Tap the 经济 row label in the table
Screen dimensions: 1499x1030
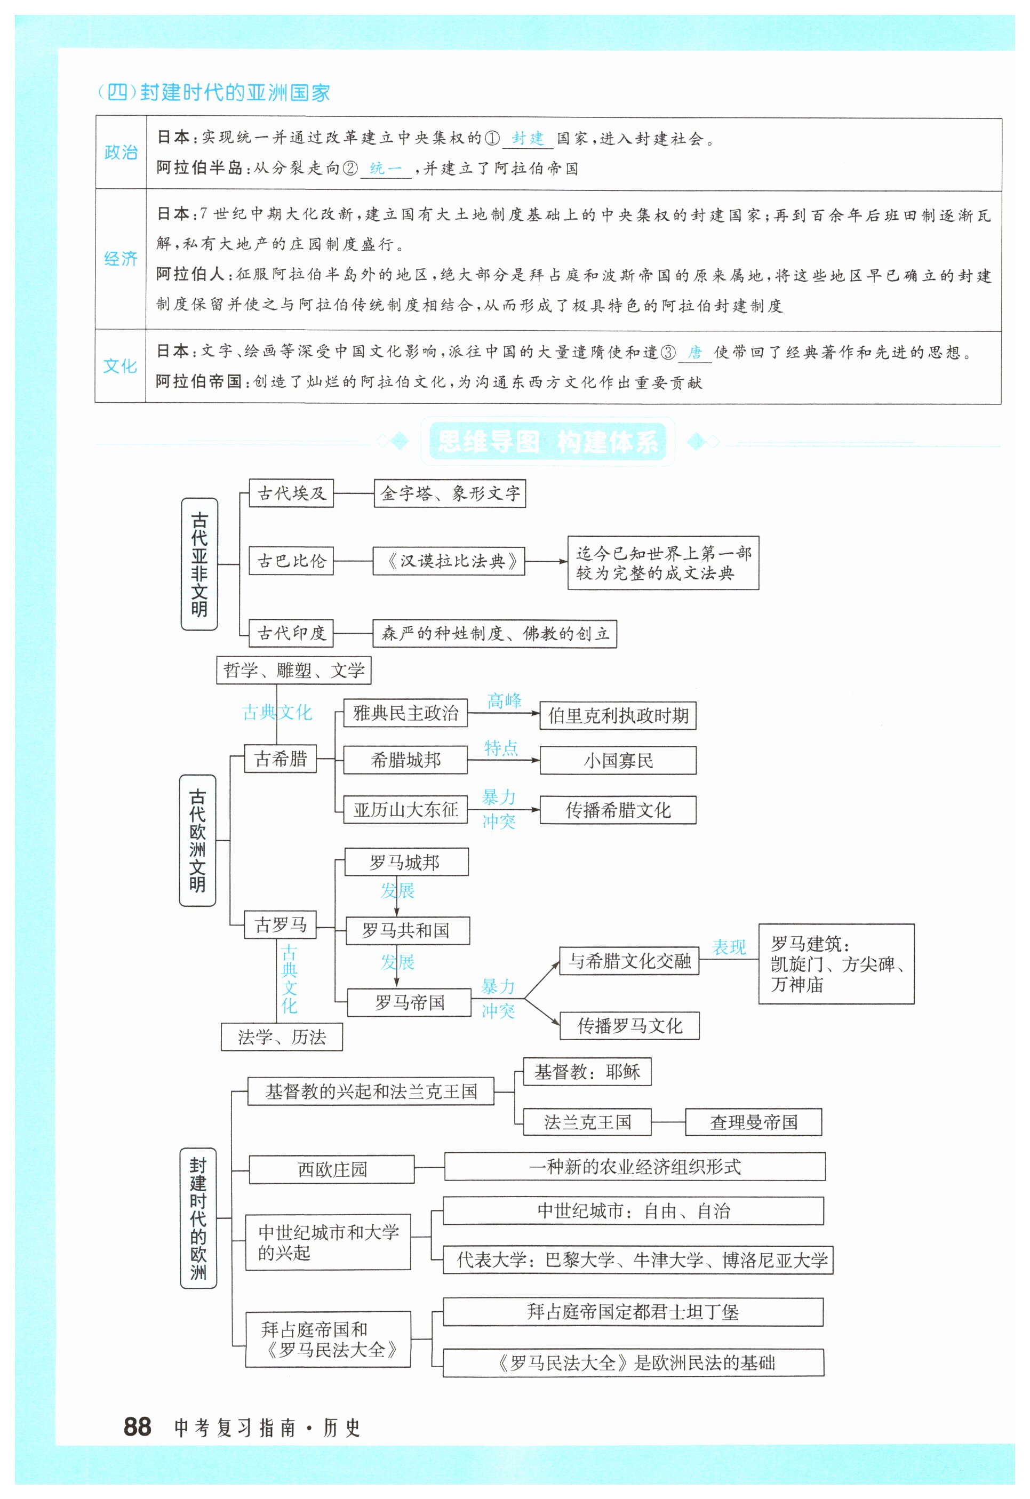(121, 259)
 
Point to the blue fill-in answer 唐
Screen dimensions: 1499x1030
(694, 352)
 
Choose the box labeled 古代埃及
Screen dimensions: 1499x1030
(291, 493)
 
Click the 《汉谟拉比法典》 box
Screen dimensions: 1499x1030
(449, 561)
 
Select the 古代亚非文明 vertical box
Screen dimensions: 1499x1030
(199, 564)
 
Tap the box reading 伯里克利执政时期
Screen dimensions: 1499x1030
(618, 715)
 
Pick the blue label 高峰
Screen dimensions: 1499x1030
(504, 701)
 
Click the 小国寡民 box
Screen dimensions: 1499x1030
(618, 761)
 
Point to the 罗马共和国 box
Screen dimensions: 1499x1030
(407, 930)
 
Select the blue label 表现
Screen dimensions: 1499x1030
(729, 947)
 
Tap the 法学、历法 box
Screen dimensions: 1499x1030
(282, 1037)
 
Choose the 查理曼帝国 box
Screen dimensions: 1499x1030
(753, 1122)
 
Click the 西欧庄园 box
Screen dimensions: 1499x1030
(332, 1169)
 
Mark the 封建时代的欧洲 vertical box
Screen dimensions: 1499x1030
(198, 1218)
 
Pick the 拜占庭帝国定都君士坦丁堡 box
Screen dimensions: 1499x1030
(633, 1312)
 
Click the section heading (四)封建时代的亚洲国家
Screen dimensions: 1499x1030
(213, 93)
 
